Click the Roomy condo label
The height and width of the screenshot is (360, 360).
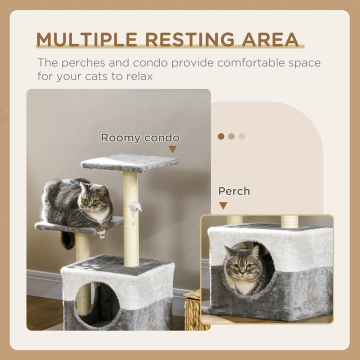(140, 137)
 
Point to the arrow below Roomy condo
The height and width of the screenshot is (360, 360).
(172, 149)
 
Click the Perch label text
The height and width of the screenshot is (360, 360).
(234, 191)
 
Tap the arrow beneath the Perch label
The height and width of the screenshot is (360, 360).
(223, 205)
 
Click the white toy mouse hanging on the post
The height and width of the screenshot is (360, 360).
(134, 208)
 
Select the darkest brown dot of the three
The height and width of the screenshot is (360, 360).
(221, 136)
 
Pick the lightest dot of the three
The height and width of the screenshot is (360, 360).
(242, 136)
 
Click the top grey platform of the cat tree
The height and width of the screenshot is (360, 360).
(130, 162)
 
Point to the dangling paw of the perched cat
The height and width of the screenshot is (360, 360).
(101, 231)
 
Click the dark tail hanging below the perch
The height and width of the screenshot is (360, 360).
(67, 240)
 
